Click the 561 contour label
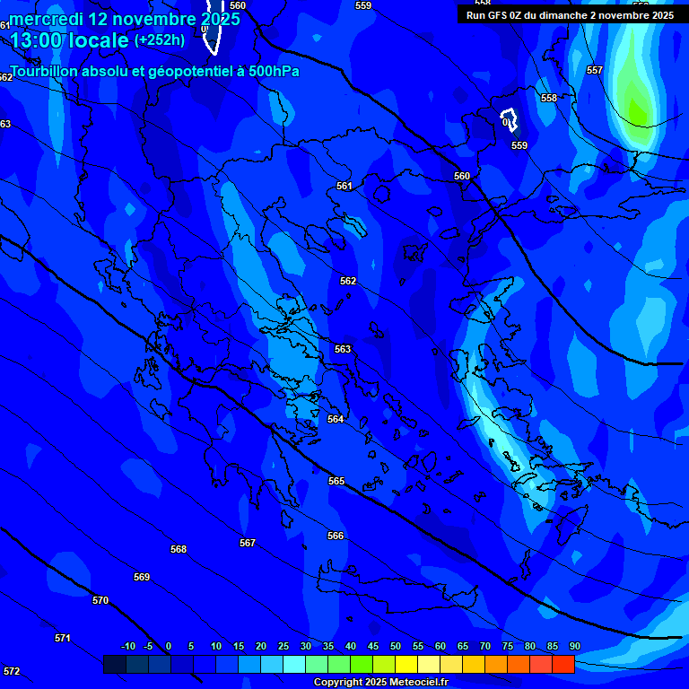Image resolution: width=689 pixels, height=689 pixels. [344, 187]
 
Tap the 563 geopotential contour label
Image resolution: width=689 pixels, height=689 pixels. [343, 349]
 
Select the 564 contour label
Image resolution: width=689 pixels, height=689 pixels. [336, 419]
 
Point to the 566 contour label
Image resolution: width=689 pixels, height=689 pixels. [336, 536]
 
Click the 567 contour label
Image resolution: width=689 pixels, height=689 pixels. [248, 543]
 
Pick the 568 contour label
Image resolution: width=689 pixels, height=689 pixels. [179, 549]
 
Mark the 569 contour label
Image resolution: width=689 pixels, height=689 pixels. [142, 577]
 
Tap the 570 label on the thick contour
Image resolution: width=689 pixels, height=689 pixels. [100, 600]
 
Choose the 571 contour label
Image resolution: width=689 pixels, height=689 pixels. [63, 638]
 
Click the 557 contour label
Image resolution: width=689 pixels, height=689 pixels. [595, 70]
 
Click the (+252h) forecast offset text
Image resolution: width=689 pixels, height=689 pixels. [160, 40]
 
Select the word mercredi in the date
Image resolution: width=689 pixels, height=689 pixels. [46, 19]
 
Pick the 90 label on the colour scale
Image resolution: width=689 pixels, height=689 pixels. [574, 647]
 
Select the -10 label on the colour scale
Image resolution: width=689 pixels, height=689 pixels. [127, 647]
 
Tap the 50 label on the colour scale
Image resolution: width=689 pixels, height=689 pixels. [396, 647]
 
